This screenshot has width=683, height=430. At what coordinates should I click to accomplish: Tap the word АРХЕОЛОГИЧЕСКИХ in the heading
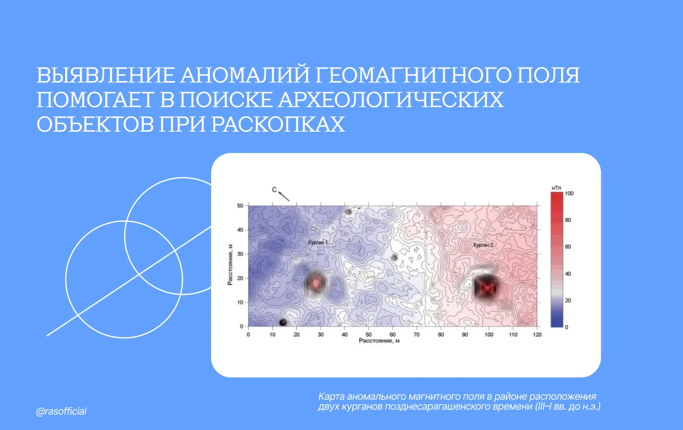[391, 100]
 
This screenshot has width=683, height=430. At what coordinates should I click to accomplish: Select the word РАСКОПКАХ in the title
[278, 124]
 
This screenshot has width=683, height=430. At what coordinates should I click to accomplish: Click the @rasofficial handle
[61, 411]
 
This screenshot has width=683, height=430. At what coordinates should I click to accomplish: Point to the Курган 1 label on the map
[318, 242]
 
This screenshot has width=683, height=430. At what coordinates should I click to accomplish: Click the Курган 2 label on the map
[483, 245]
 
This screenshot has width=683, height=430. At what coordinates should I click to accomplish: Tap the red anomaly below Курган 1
[315, 283]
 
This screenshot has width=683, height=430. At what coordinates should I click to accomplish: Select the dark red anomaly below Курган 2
[487, 287]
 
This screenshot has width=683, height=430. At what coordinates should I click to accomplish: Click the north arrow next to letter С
[284, 196]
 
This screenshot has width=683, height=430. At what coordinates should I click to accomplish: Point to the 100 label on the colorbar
[569, 193]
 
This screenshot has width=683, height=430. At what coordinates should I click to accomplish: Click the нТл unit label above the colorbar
[556, 188]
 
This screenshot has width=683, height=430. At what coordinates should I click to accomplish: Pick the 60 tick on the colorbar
[568, 247]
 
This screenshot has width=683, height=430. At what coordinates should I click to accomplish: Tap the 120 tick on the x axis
[537, 335]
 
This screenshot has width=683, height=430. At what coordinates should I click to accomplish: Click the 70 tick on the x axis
[417, 335]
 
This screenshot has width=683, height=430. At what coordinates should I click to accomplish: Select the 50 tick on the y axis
[240, 206]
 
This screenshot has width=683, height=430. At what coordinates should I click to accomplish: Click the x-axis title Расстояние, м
[379, 341]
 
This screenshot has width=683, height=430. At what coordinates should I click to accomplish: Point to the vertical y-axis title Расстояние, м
[230, 265]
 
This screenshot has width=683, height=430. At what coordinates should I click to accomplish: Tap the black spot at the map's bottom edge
[283, 322]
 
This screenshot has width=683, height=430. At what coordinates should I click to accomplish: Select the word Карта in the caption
[332, 397]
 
